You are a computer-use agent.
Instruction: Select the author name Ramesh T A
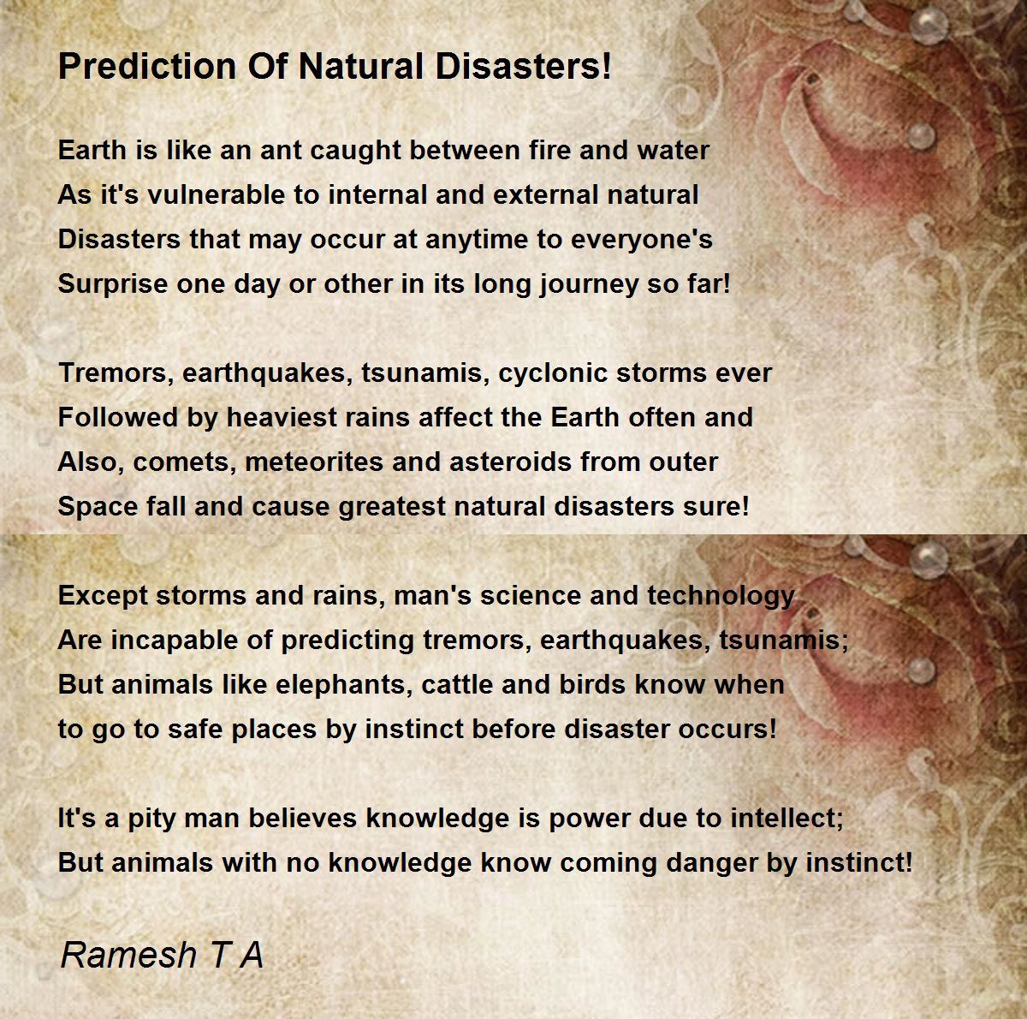click(162, 955)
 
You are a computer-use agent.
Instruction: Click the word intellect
click(787, 819)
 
